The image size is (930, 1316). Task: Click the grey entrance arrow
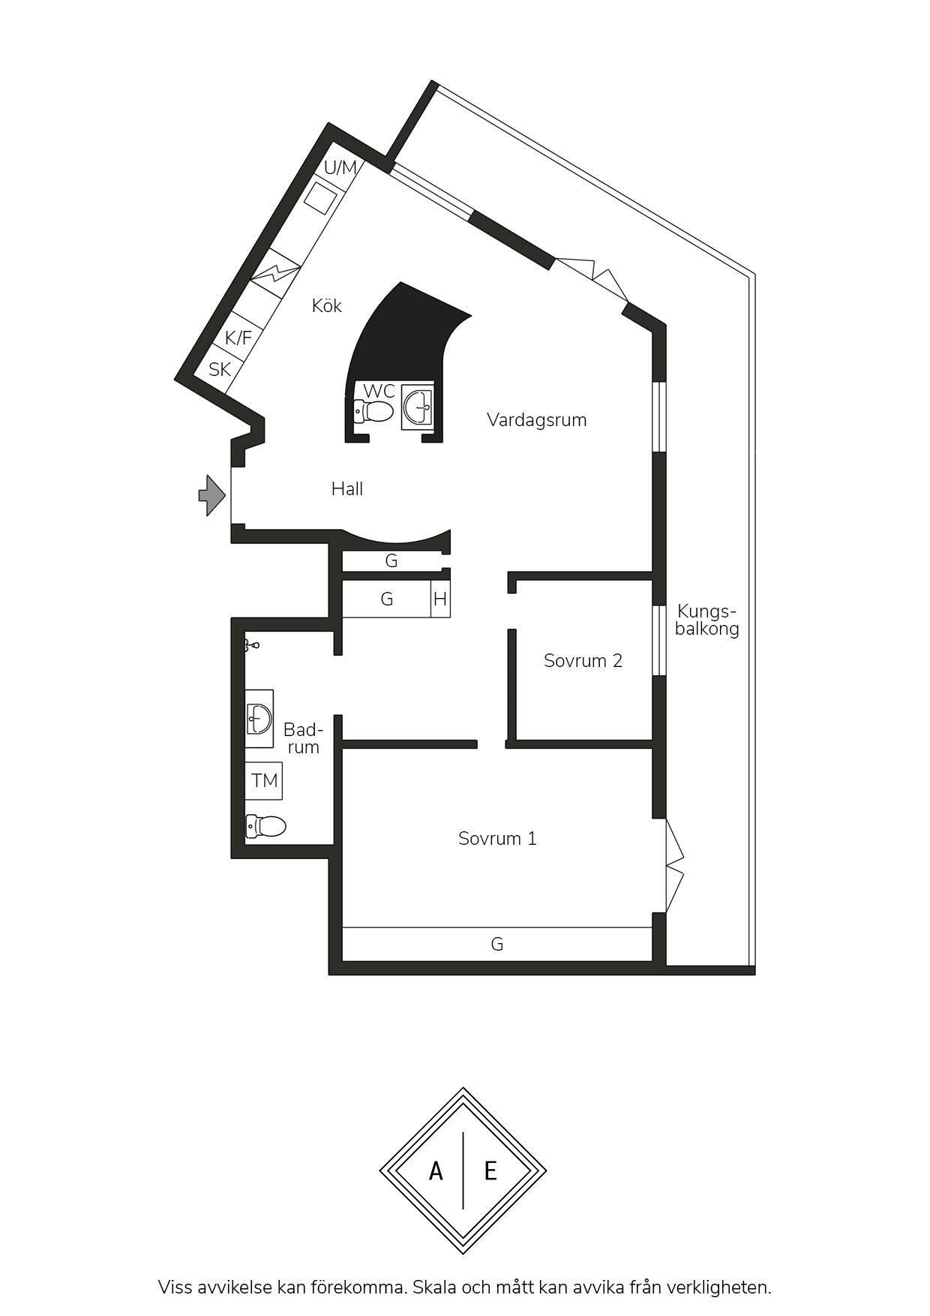(x=212, y=495)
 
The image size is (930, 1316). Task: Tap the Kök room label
(x=327, y=306)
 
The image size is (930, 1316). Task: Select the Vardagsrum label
(x=536, y=420)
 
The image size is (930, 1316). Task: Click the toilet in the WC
(x=373, y=411)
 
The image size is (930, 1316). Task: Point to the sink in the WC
(x=417, y=407)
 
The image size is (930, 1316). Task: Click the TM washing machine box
(x=264, y=781)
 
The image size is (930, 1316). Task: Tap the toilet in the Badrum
(x=265, y=826)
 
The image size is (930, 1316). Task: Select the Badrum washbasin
(x=259, y=719)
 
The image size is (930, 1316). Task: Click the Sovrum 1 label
(x=497, y=839)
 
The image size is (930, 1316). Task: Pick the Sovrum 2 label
(x=583, y=661)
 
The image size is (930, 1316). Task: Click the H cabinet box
(x=440, y=599)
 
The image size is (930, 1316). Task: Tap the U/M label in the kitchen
(x=340, y=167)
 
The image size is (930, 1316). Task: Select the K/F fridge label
(x=238, y=338)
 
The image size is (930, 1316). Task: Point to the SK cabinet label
(x=220, y=370)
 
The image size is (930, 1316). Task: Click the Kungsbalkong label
(x=706, y=620)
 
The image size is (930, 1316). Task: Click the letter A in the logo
(x=436, y=1170)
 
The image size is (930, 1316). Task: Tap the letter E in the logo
(x=490, y=1170)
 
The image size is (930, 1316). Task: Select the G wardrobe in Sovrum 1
(x=497, y=944)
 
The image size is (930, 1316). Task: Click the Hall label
(x=347, y=489)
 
